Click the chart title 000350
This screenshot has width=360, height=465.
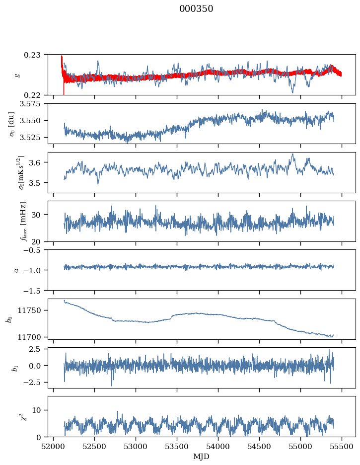click(x=196, y=9)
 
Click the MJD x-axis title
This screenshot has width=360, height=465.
click(x=202, y=457)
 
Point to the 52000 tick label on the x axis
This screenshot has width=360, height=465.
click(x=54, y=447)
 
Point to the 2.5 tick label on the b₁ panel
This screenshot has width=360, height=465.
click(x=40, y=350)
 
